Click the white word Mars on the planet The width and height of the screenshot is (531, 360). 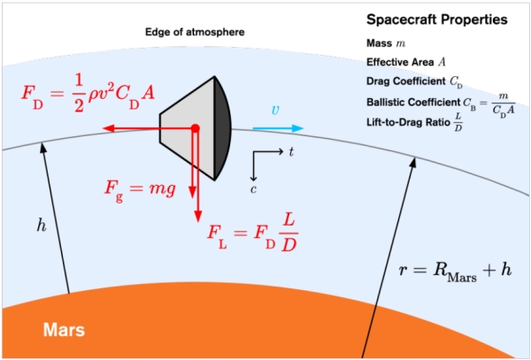click(64, 330)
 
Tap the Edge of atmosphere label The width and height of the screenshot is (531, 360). click(195, 32)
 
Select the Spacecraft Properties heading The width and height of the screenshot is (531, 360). click(437, 19)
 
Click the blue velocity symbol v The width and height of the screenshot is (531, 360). click(275, 111)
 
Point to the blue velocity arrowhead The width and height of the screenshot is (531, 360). click(298, 128)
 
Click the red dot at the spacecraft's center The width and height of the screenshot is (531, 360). click(195, 128)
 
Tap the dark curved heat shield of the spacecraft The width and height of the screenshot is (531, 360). click(222, 128)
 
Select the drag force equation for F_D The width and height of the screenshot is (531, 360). click(88, 93)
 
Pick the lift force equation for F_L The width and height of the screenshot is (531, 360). click(252, 233)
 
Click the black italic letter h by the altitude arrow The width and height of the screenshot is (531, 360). click(42, 226)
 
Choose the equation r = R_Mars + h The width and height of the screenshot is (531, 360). click(455, 272)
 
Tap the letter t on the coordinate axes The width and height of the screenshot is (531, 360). click(291, 152)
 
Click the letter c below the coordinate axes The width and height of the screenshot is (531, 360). click(253, 189)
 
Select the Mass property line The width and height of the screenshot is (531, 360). click(386, 43)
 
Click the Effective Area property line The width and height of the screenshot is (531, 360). click(406, 62)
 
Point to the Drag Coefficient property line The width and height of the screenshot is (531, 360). click(414, 82)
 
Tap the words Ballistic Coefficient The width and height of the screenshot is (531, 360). click(413, 103)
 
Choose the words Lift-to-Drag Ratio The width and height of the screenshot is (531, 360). click(408, 122)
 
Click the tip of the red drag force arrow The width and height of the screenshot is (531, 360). click(103, 128)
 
